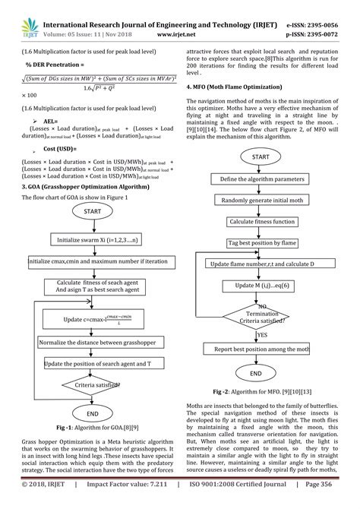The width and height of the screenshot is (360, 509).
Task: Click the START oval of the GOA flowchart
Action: coord(92,210)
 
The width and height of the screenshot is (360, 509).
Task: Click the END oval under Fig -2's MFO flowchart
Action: coord(256,375)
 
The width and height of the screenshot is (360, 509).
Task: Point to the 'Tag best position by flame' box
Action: coord(256,242)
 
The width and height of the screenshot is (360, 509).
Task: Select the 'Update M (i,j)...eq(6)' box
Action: coord(256,284)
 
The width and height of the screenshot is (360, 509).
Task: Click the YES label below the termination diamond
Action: coord(263,334)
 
